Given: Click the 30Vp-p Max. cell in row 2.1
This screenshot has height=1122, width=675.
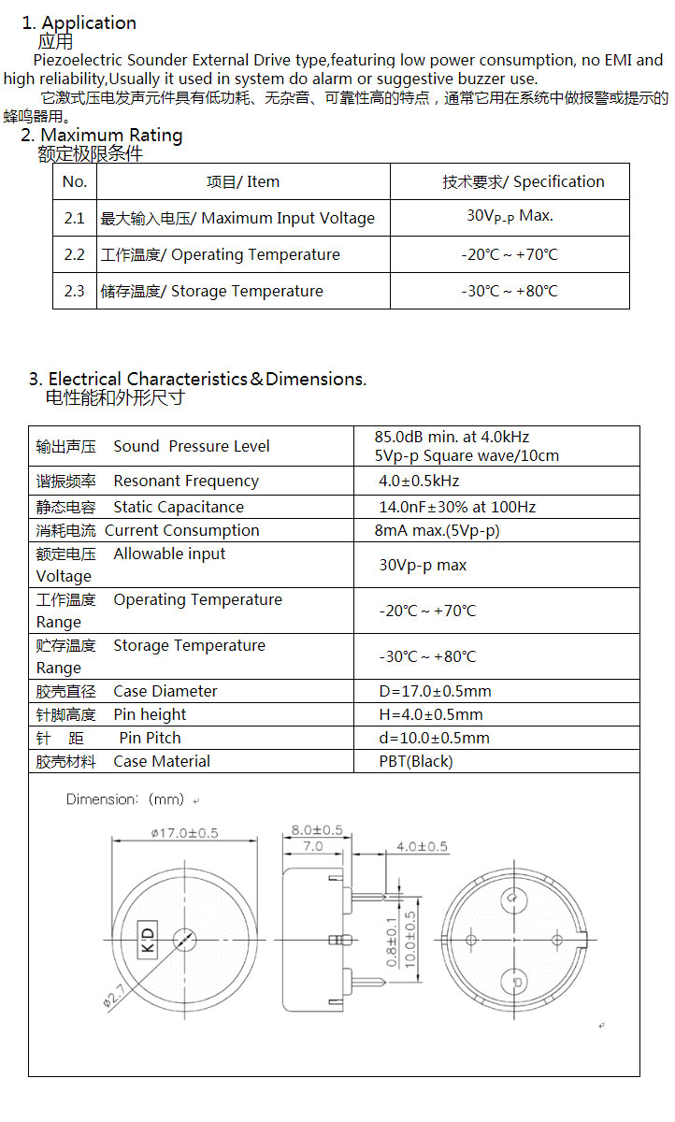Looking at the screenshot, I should (510, 216).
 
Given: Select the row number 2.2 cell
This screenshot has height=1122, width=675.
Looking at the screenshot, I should (75, 254).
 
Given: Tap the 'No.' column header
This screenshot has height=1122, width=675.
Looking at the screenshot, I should (75, 181).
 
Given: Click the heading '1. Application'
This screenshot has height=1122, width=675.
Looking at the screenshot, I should (79, 22).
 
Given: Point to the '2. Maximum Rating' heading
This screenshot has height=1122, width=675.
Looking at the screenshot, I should (102, 136).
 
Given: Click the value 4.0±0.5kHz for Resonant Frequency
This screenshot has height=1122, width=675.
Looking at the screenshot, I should (419, 482).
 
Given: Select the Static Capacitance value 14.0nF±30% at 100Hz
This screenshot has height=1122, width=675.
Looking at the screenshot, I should (456, 507).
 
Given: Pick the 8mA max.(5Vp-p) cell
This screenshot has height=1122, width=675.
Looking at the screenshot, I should (437, 530).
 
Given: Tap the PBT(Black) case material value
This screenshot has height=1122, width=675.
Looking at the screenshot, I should (415, 761).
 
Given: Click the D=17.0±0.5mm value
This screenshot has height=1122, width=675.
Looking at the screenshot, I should (435, 691).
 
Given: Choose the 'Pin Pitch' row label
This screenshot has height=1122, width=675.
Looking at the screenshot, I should (150, 738).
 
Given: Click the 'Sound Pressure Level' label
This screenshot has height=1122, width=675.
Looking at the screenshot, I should (191, 446).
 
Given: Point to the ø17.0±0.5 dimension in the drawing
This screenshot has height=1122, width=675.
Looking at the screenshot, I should (184, 833).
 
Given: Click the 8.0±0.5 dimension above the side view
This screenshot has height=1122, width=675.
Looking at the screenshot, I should (317, 830).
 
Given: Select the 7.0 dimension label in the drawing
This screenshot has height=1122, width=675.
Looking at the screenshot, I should (311, 846).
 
